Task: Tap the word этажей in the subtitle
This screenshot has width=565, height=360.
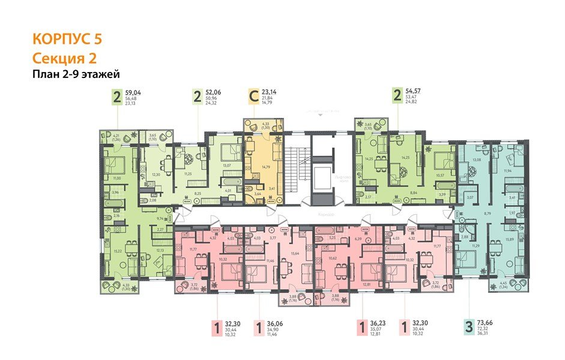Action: [101, 74]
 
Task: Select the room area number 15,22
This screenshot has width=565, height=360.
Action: [118, 252]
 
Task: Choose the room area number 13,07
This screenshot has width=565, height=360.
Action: [227, 165]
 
